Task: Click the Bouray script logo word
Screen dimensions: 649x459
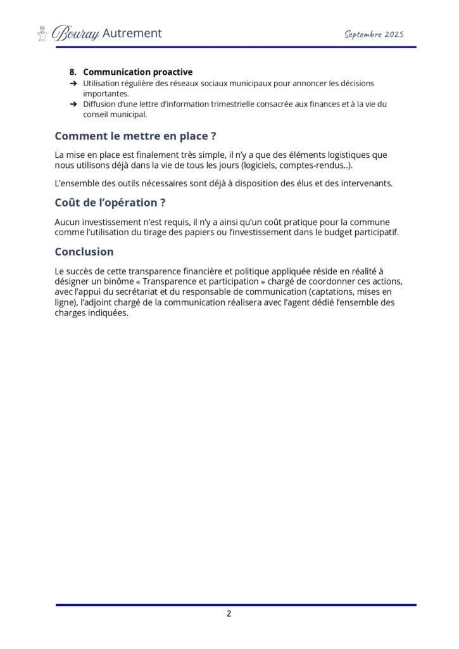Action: (75, 34)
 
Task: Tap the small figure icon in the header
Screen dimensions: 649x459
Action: (42, 34)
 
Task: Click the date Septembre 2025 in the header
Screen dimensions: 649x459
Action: (374, 34)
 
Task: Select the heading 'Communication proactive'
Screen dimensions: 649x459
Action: (137, 72)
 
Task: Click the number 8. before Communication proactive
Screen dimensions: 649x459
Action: (73, 72)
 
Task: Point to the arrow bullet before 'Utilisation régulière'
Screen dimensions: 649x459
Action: (73, 84)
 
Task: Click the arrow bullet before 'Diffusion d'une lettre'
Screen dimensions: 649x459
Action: (73, 104)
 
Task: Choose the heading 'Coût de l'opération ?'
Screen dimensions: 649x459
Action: (111, 203)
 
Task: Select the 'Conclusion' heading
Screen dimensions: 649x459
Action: (84, 252)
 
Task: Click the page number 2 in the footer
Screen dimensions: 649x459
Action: (229, 614)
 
